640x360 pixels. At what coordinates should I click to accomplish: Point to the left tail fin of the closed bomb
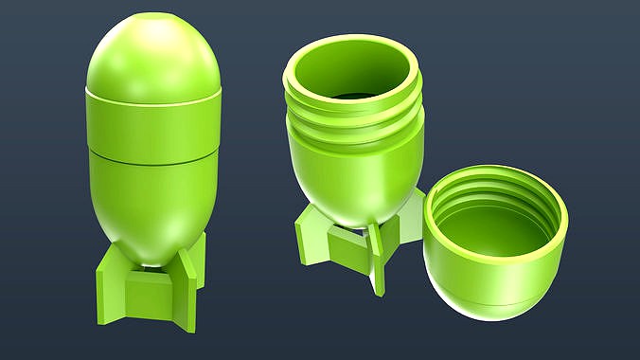(x=112, y=284)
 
